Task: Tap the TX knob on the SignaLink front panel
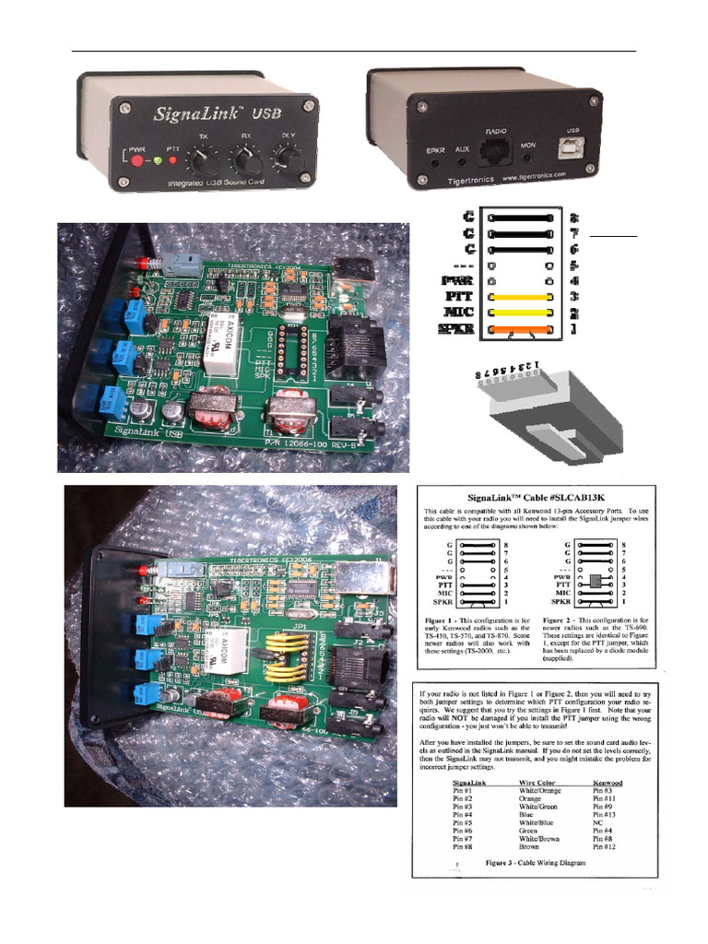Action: (205, 163)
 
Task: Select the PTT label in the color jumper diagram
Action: (459, 297)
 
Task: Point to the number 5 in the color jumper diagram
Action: (573, 265)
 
